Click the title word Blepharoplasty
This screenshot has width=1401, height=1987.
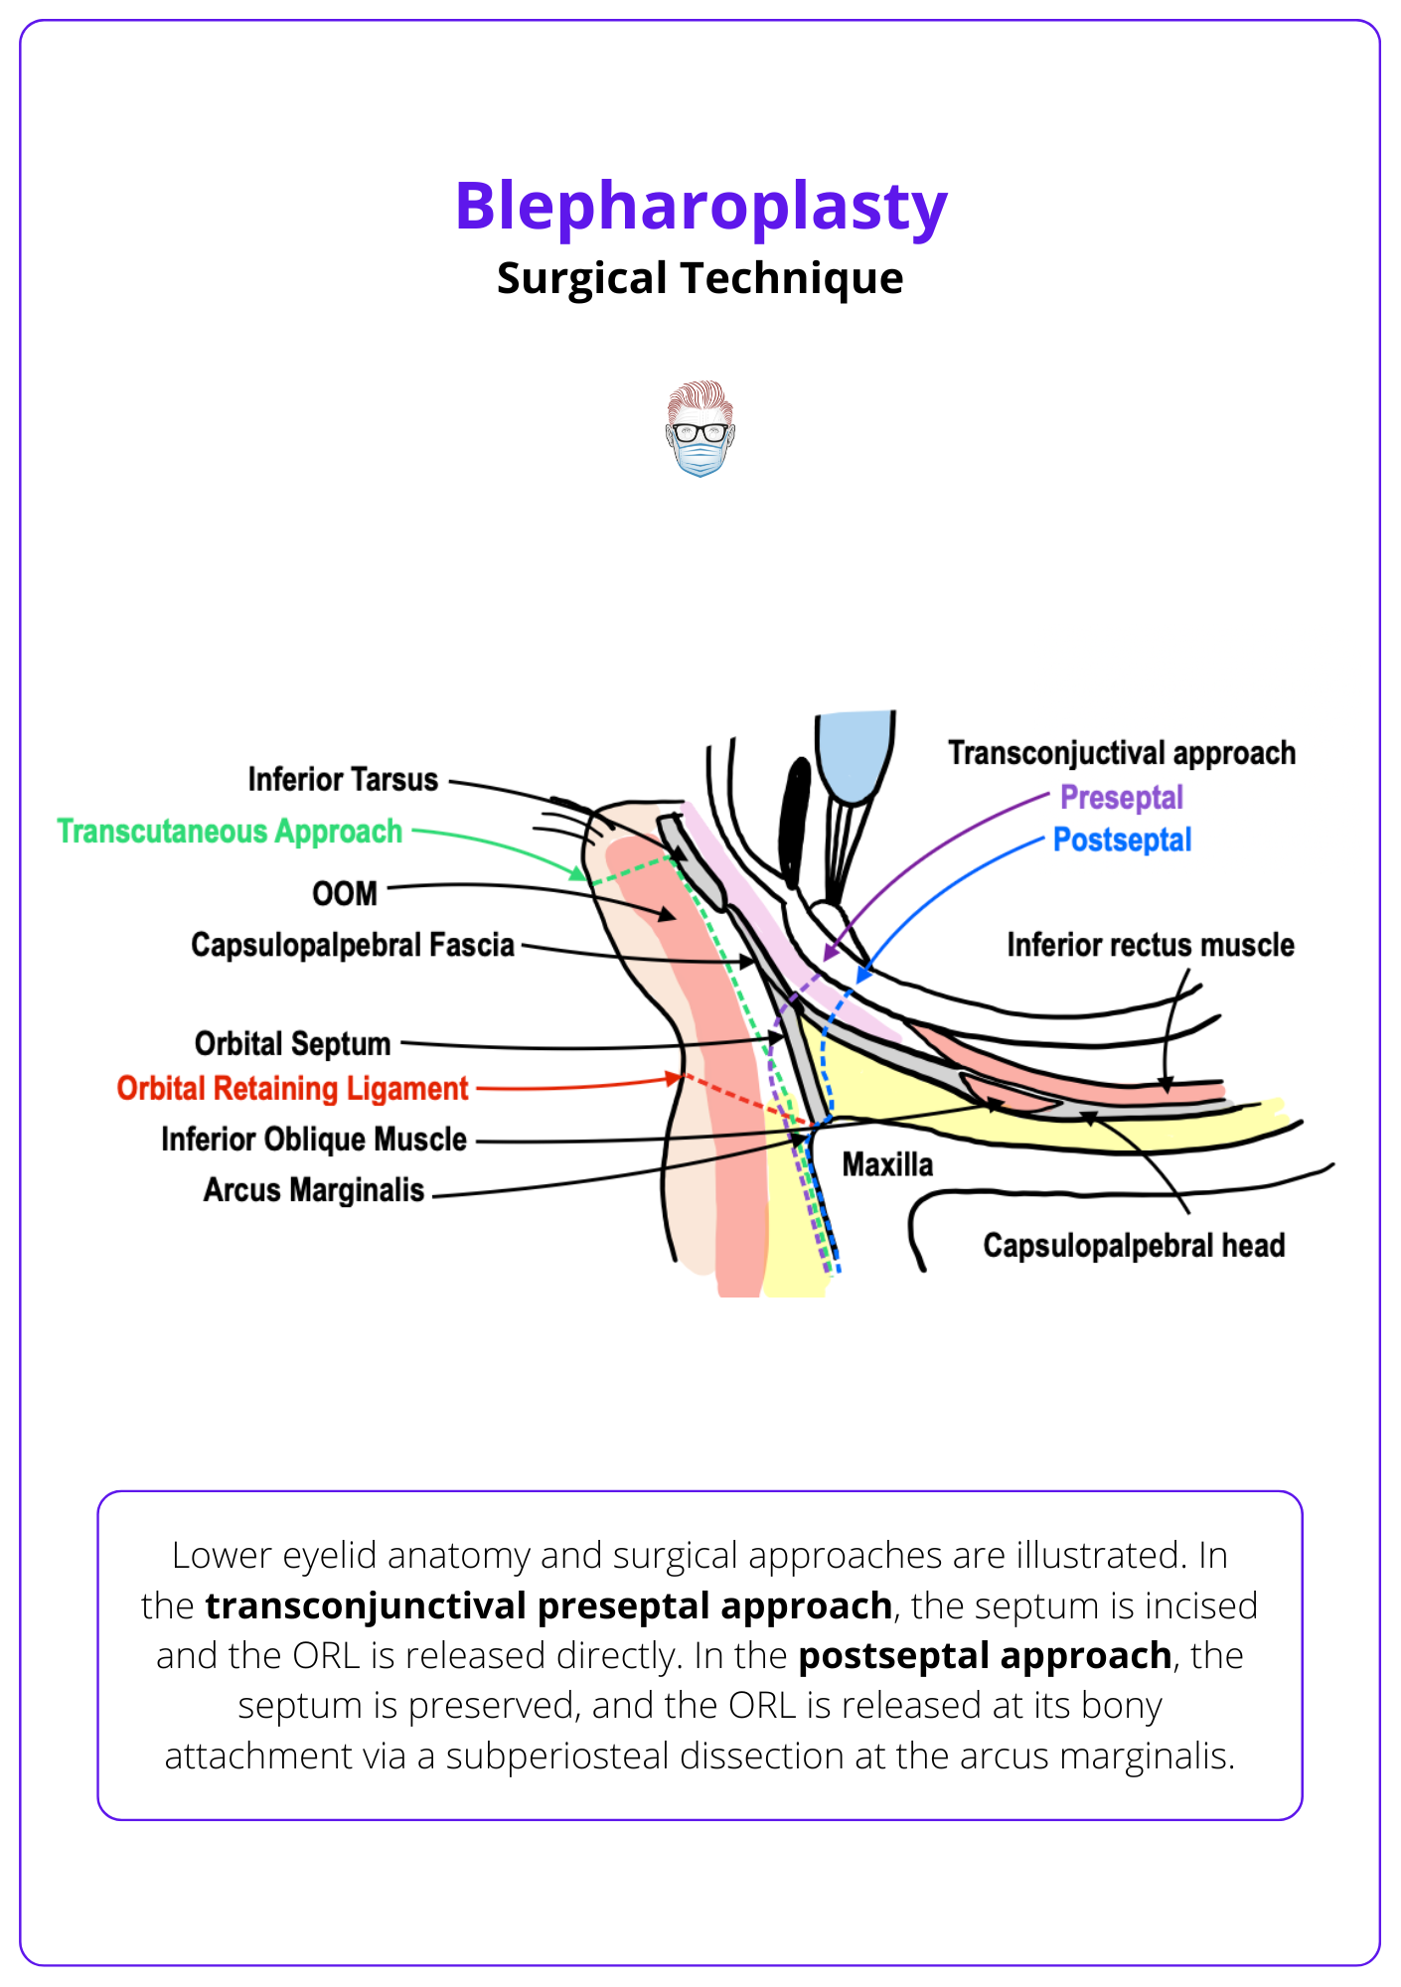[x=700, y=207]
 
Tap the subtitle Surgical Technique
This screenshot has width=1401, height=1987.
[x=700, y=278]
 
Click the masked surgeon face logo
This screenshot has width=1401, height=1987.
[x=700, y=429]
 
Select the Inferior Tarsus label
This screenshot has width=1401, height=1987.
[x=343, y=780]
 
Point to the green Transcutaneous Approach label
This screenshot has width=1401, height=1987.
[x=230, y=832]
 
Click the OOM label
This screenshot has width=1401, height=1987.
[x=345, y=894]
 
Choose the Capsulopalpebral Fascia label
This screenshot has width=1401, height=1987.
[x=353, y=945]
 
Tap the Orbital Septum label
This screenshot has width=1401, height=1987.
[x=293, y=1044]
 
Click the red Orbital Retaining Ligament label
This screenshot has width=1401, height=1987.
[x=292, y=1089]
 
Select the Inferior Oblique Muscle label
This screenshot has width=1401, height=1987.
[x=314, y=1140]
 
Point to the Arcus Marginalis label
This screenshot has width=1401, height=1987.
[x=314, y=1190]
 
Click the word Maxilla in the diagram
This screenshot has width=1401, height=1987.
[x=887, y=1164]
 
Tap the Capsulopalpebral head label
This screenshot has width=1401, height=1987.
[x=1134, y=1246]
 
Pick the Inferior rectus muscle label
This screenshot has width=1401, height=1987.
[x=1151, y=945]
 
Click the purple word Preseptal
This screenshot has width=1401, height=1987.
[x=1122, y=798]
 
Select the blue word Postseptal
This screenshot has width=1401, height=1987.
[x=1122, y=841]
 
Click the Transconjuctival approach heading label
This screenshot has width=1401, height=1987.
[x=1122, y=754]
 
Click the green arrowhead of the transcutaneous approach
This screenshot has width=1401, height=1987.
[x=577, y=873]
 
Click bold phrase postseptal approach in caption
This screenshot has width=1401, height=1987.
[x=985, y=1656]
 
